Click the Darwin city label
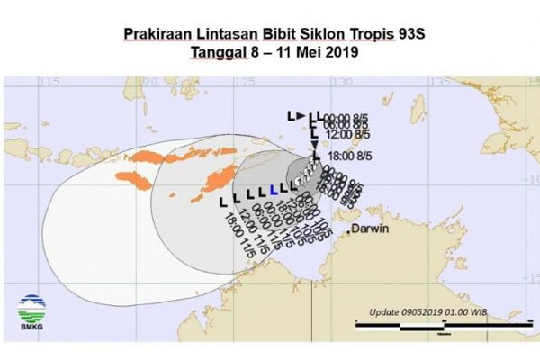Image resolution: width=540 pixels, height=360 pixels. (373, 229)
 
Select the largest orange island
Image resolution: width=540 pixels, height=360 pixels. (214, 172)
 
